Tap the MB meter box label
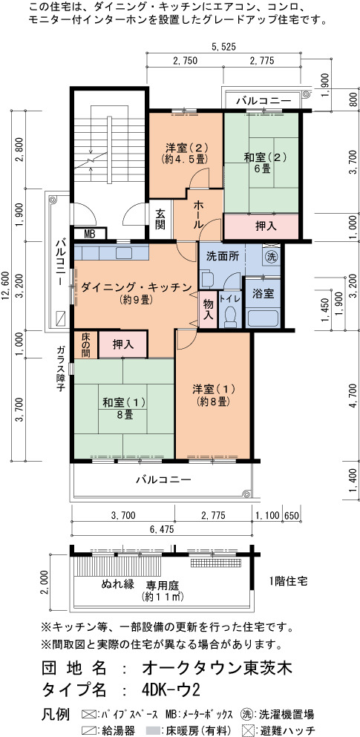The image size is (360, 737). (x=89, y=233)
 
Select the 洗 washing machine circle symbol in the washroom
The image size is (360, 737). (x=271, y=257)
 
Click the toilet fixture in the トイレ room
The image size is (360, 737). (x=230, y=317)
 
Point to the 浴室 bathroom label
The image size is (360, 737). (x=263, y=294)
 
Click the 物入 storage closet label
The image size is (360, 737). (x=208, y=309)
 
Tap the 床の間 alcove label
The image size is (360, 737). (x=86, y=345)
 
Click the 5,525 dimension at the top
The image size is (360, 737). (x=223, y=47)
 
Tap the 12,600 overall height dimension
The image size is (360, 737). (x=6, y=285)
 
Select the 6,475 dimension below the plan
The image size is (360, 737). (x=162, y=529)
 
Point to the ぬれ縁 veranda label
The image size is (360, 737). (x=118, y=584)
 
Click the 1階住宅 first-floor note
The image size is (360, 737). (x=289, y=581)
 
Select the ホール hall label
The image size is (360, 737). (x=198, y=214)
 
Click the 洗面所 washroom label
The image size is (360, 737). (x=223, y=257)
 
